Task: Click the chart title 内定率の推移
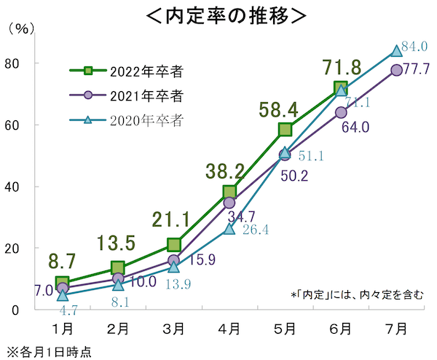(219, 15)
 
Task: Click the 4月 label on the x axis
(229, 329)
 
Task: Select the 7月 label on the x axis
(396, 329)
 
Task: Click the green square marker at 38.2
(229, 192)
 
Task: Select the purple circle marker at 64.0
(341, 112)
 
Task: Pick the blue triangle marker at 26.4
(229, 228)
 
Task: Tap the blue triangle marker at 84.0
(396, 51)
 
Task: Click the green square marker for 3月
(174, 245)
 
